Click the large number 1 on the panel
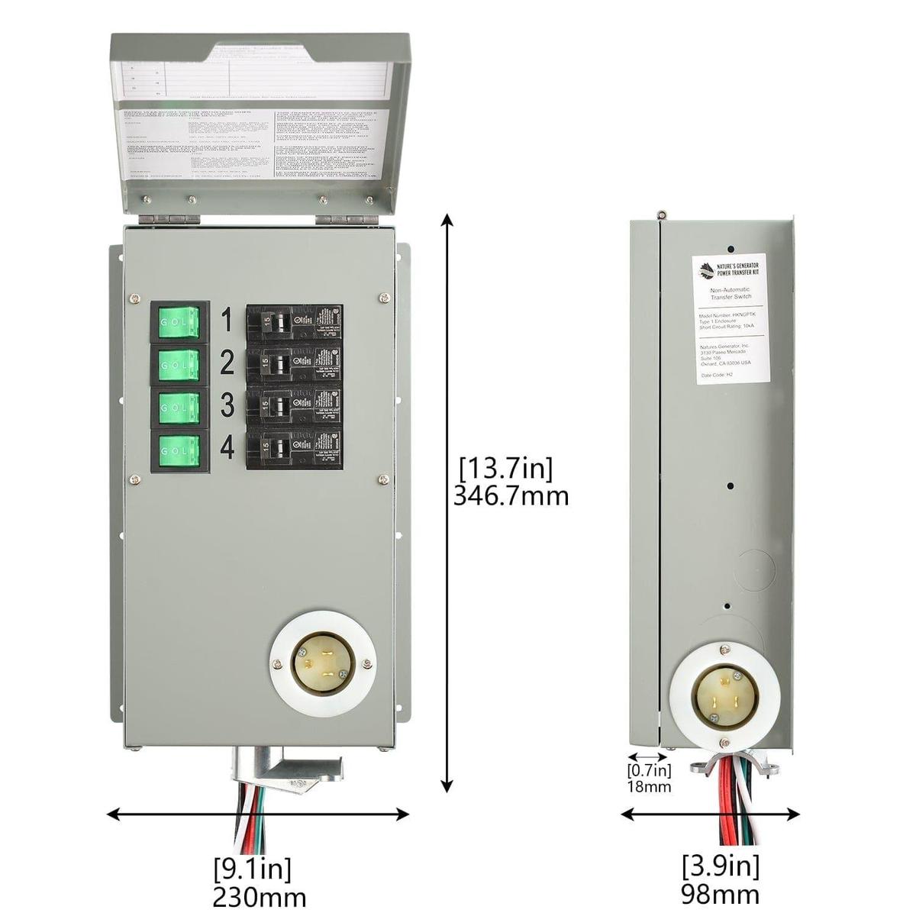coord(226,321)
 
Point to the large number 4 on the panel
coord(227,448)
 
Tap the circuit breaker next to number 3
coord(293,408)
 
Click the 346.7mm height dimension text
coord(511,496)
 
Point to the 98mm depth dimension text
coord(720,894)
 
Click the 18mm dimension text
coord(649,787)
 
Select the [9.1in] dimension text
coord(252,869)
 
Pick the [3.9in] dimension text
coord(720,866)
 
